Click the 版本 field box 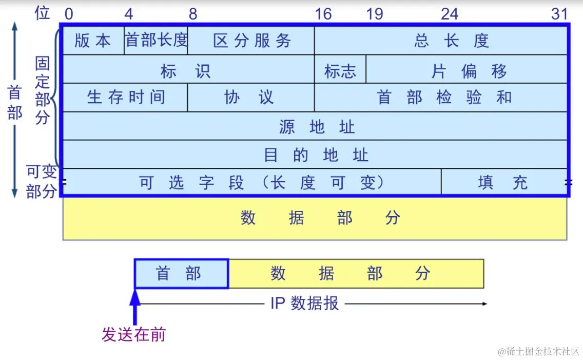(x=93, y=41)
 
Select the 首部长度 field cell (x=156, y=41)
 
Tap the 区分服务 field (x=251, y=41)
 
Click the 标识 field (x=188, y=70)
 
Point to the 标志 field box (x=340, y=70)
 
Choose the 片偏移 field (x=467, y=70)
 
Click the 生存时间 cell (x=125, y=98)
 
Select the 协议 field (x=251, y=98)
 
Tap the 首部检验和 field (x=441, y=98)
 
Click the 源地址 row (x=315, y=126)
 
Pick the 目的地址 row (x=315, y=155)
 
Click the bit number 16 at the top (x=323, y=14)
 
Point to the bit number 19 (x=375, y=14)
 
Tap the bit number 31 (x=560, y=14)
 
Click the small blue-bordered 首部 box (x=181, y=274)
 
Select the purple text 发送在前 (x=133, y=335)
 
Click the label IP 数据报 (x=304, y=304)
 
